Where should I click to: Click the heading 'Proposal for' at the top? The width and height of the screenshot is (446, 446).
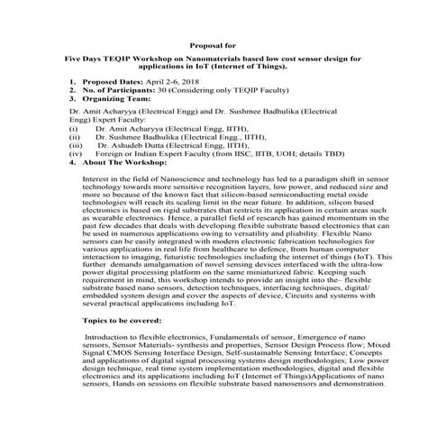click(x=223, y=42)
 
